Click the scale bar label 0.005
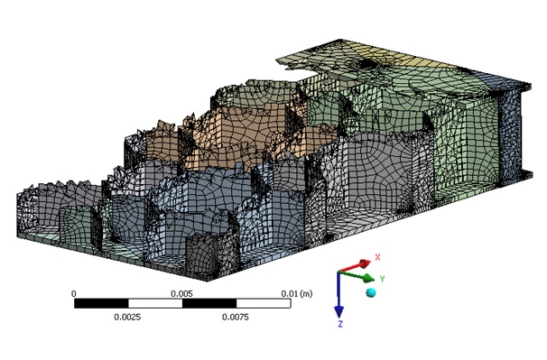click(181, 294)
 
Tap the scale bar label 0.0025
click(127, 317)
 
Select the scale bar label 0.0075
click(236, 317)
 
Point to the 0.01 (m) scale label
click(297, 294)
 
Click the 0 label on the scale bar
click(74, 294)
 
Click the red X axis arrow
click(354, 266)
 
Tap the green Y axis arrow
click(357, 276)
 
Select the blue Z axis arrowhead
click(338, 312)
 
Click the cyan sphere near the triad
click(371, 292)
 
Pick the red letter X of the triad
click(377, 257)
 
